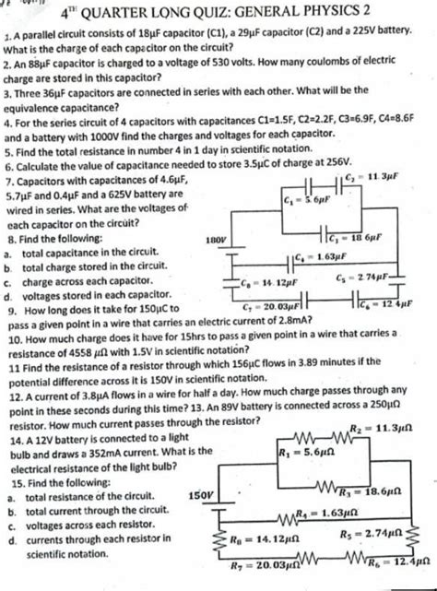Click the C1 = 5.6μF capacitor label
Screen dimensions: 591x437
[x=301, y=199]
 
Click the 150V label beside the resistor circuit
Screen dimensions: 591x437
[x=203, y=495]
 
